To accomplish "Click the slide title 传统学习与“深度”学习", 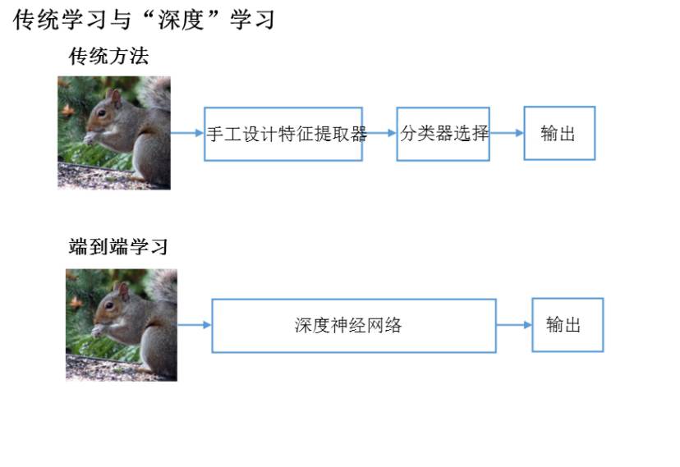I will point(145,21).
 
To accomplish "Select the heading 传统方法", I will point(108,57).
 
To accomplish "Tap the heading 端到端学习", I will point(118,246).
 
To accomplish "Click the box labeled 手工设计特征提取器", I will point(283,134).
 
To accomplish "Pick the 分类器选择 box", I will point(443,134).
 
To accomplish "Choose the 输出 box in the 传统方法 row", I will point(559,134).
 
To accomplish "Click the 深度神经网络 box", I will point(354,325).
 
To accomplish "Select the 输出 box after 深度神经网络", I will point(567,325).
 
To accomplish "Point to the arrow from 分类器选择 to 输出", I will point(507,133).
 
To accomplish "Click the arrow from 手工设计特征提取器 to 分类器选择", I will point(379,133).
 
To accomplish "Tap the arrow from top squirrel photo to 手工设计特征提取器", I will point(187,133).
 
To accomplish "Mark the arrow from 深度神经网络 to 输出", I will point(514,325).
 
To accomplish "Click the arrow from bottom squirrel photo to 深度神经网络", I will point(195,325).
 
